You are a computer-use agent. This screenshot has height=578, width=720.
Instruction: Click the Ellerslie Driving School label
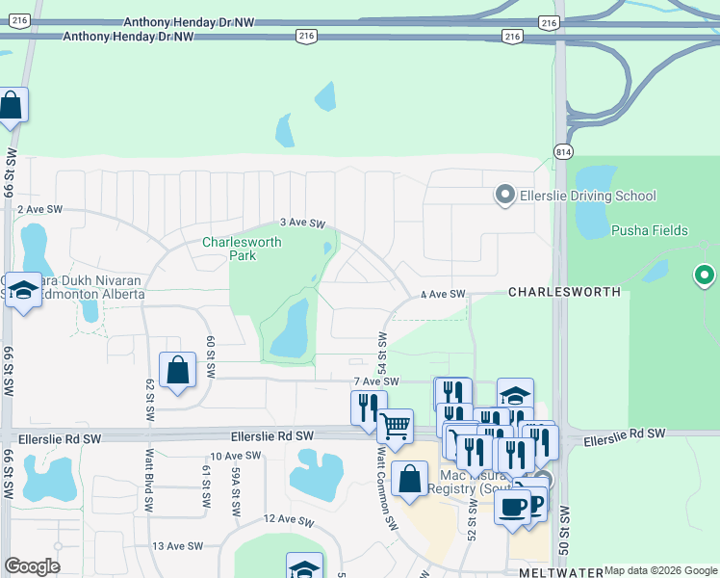(587, 197)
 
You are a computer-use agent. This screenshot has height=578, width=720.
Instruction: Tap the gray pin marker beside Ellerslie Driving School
(504, 196)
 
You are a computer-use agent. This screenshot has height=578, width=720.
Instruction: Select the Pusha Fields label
(650, 230)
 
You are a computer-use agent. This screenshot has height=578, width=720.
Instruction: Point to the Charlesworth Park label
(242, 249)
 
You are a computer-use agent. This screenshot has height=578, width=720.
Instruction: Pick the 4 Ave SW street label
(443, 294)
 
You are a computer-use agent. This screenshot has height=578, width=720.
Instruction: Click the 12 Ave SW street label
(290, 521)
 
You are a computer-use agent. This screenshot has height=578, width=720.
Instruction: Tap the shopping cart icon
(396, 425)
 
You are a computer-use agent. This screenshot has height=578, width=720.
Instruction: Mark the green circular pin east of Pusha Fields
(704, 276)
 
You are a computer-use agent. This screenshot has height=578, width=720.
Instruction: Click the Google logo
(32, 566)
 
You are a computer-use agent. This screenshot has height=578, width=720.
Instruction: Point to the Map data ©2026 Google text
(660, 570)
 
